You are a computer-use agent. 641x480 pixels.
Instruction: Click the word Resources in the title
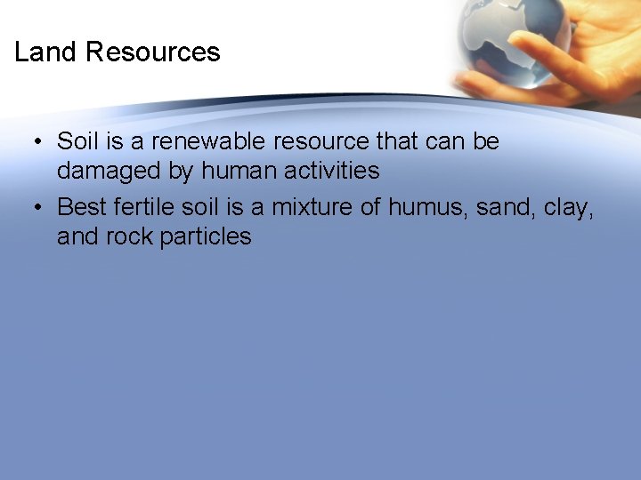point(152,52)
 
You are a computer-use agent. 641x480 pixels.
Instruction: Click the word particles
point(206,236)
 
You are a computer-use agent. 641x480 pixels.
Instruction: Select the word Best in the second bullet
point(82,207)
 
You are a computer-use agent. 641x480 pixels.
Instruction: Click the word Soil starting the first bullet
point(78,141)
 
